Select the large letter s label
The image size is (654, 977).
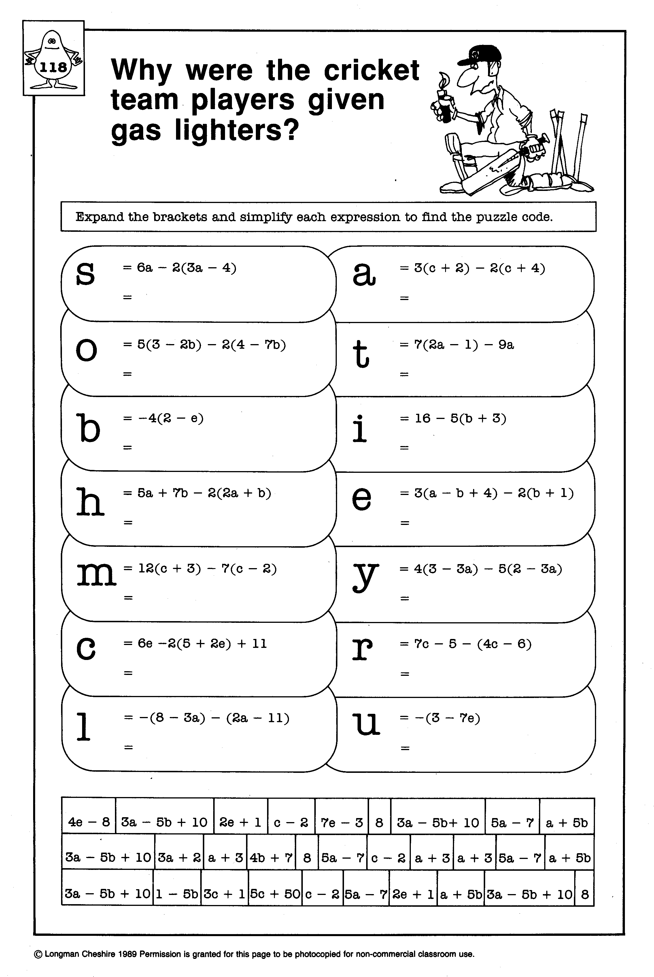pos(86,273)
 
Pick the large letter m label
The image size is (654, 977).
pos(96,574)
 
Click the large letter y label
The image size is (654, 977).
pos(365,576)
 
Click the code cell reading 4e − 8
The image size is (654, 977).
pos(89,822)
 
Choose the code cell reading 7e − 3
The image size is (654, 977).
pos(342,822)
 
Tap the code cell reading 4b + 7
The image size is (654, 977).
pos(271,858)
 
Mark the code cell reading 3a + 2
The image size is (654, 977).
pos(179,858)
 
